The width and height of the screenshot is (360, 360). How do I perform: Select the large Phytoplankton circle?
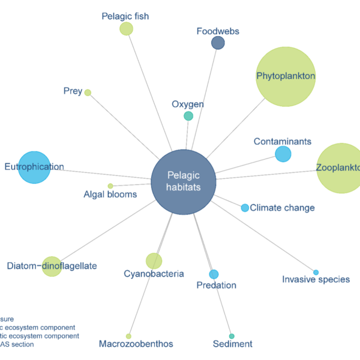tap(286, 76)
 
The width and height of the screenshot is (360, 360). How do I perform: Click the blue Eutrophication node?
tap(34, 167)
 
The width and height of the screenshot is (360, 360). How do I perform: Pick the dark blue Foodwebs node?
tap(218, 43)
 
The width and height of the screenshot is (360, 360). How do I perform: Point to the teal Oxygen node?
tap(188, 116)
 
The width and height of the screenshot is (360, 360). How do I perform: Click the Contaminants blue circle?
tap(283, 154)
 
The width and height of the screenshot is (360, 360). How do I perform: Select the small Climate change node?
tap(245, 208)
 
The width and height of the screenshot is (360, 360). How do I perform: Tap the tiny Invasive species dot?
tap(316, 272)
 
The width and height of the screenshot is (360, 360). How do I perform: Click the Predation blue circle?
tap(214, 274)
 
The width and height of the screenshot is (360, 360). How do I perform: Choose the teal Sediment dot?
tap(232, 336)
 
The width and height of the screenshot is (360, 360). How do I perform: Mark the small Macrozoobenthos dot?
tap(128, 336)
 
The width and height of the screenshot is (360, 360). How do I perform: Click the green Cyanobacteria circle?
tap(154, 261)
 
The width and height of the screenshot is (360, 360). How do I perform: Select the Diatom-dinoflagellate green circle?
tap(52, 266)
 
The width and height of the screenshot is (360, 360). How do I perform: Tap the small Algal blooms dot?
tap(110, 186)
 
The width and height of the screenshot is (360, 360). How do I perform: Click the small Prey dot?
tap(88, 92)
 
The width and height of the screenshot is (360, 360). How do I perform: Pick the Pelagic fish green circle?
tap(126, 29)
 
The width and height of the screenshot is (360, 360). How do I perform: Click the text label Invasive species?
tap(316, 280)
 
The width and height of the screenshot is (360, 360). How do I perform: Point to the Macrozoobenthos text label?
tap(136, 344)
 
